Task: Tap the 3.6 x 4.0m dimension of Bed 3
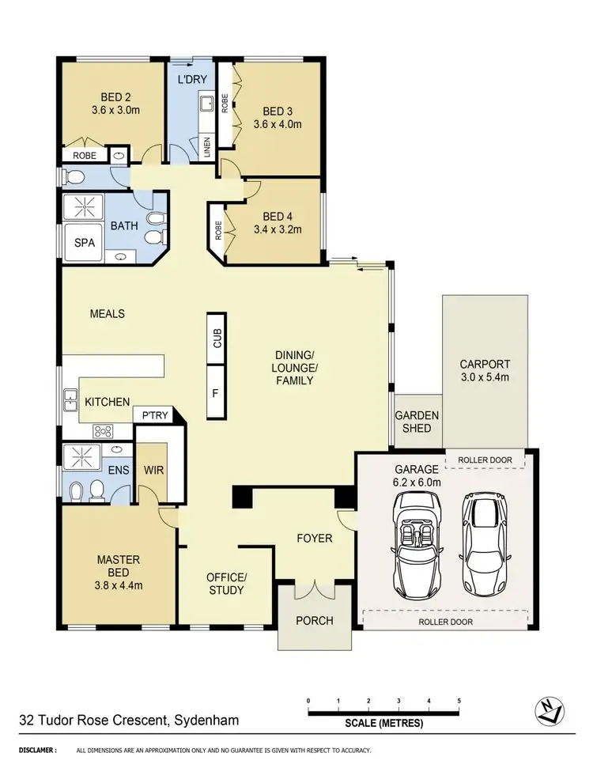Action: click(x=277, y=124)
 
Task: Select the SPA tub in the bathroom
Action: click(x=85, y=243)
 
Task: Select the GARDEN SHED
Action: click(x=417, y=422)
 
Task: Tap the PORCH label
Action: click(x=315, y=620)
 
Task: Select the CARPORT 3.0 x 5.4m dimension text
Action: click(x=485, y=377)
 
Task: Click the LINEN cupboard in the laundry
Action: click(x=207, y=147)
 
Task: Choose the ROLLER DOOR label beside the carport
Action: click(x=485, y=460)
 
